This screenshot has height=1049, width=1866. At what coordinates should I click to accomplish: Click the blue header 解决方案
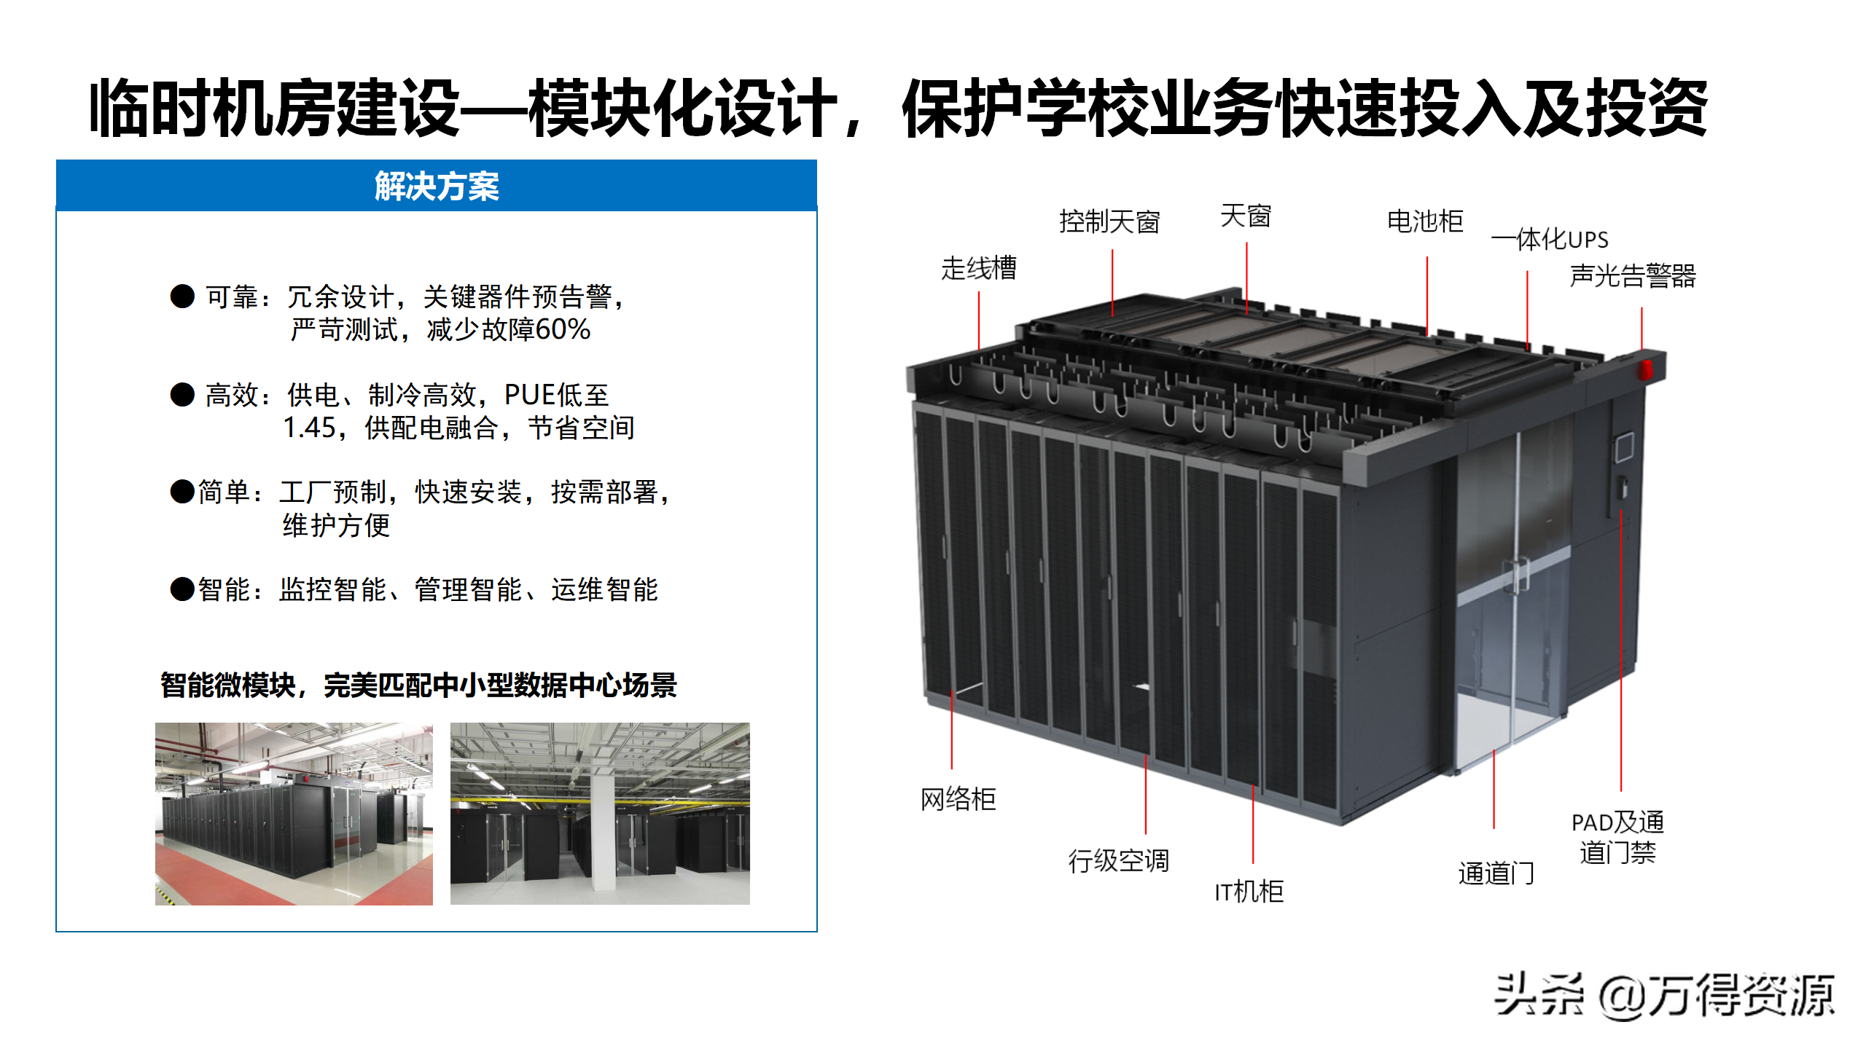coord(436,186)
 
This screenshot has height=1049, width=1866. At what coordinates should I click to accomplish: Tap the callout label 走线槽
coord(978,268)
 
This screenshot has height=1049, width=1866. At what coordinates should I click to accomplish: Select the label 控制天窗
coord(1109,221)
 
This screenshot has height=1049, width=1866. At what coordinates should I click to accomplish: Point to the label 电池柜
coord(1424,221)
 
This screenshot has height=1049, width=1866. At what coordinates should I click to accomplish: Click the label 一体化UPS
coord(1549,239)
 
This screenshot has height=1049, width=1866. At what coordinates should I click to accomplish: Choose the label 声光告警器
coord(1632,276)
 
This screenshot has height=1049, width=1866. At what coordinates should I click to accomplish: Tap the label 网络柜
coord(957,799)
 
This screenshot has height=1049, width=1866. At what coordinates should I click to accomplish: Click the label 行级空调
coord(1118,860)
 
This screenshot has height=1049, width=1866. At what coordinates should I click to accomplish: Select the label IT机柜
coord(1249,891)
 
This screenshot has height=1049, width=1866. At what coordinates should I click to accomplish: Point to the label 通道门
coord(1496,873)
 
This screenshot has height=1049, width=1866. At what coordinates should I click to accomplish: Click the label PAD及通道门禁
coord(1617,837)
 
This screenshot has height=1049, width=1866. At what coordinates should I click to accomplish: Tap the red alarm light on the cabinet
coord(1645,369)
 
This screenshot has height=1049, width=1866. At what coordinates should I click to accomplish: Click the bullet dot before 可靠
coord(182,296)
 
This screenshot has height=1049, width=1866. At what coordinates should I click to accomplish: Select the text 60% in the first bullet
coord(562,329)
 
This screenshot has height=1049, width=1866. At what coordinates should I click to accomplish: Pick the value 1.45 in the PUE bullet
coord(308,428)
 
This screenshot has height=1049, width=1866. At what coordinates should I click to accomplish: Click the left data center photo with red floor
coord(294,814)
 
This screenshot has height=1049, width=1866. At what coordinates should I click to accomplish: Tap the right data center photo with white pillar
coord(599,814)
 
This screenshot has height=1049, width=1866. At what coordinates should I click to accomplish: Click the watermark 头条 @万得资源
coord(1663,995)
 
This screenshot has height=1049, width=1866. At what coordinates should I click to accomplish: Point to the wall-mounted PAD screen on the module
coord(1624,447)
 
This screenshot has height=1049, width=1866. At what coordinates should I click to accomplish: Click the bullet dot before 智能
coord(182,589)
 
